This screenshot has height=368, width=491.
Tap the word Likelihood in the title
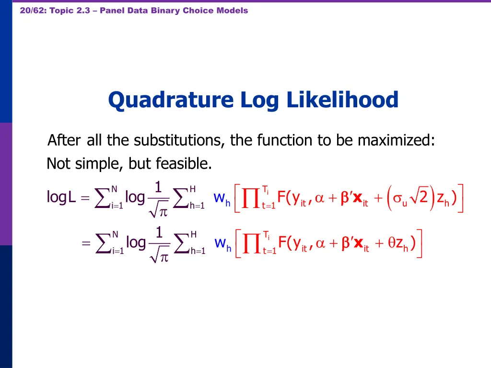coord(343,100)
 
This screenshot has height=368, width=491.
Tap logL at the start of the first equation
coord(61,197)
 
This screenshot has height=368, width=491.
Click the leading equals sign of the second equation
coord(86,244)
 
